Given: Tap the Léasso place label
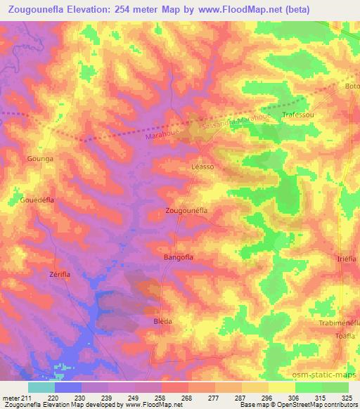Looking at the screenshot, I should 202,167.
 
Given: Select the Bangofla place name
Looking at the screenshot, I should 178,257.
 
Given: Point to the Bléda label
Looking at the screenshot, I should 162,321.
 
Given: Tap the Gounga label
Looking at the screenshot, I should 40,159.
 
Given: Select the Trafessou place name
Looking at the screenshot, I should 297,114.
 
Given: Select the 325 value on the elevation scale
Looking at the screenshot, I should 348,398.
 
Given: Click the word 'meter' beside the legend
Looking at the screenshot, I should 11,398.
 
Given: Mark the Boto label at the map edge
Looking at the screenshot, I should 352,86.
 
